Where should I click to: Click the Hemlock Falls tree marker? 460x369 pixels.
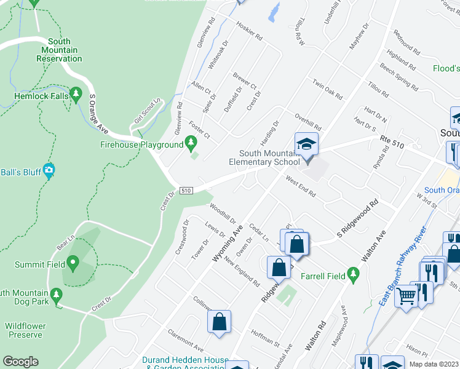76,95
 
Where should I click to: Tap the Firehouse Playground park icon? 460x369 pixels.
191,145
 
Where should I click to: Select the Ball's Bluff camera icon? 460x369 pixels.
49,170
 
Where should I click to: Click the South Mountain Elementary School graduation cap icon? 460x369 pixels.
306,145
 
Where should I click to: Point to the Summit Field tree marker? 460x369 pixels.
73,264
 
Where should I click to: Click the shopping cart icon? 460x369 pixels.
406,297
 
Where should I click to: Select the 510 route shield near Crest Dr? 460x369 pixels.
186,191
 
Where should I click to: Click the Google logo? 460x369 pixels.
20,362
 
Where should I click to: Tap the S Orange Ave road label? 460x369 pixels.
98,114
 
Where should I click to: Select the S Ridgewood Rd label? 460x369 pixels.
356,219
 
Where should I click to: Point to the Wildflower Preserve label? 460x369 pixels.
25,330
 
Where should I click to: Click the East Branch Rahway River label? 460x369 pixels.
403,269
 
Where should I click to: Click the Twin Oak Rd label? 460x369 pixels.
327,89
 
